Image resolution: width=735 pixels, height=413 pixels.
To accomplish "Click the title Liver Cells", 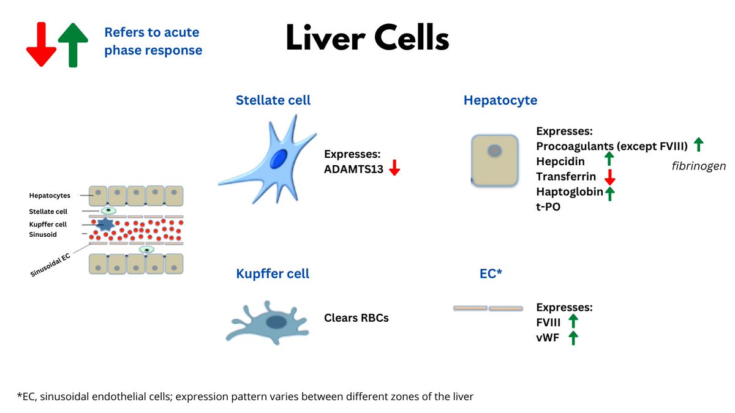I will pyautogui.click(x=367, y=40).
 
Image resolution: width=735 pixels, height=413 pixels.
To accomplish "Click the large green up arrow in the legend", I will pyautogui.click(x=73, y=45).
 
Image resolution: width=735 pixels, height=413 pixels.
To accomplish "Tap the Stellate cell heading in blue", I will pyautogui.click(x=273, y=100).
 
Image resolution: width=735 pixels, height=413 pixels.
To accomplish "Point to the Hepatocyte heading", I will pyautogui.click(x=500, y=100).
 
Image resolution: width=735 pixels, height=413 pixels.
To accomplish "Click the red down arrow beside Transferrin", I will pyautogui.click(x=609, y=177).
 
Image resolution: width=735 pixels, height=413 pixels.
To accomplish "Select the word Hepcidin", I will pyautogui.click(x=560, y=161).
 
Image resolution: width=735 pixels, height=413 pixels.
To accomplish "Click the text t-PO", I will pyautogui.click(x=548, y=207).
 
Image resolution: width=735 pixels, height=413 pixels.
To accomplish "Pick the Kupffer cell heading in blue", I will pyautogui.click(x=273, y=273).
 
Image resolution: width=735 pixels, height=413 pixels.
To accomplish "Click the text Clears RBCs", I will pyautogui.click(x=356, y=318).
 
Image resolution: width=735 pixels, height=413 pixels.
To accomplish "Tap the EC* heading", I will pyautogui.click(x=491, y=273).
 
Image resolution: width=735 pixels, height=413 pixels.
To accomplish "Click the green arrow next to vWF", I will pyautogui.click(x=573, y=338).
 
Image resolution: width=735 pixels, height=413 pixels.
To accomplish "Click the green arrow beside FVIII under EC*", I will pyautogui.click(x=573, y=322).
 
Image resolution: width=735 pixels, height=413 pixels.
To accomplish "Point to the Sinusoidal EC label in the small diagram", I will pyautogui.click(x=51, y=264).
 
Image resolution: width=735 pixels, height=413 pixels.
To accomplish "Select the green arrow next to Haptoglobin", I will pyautogui.click(x=609, y=193).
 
